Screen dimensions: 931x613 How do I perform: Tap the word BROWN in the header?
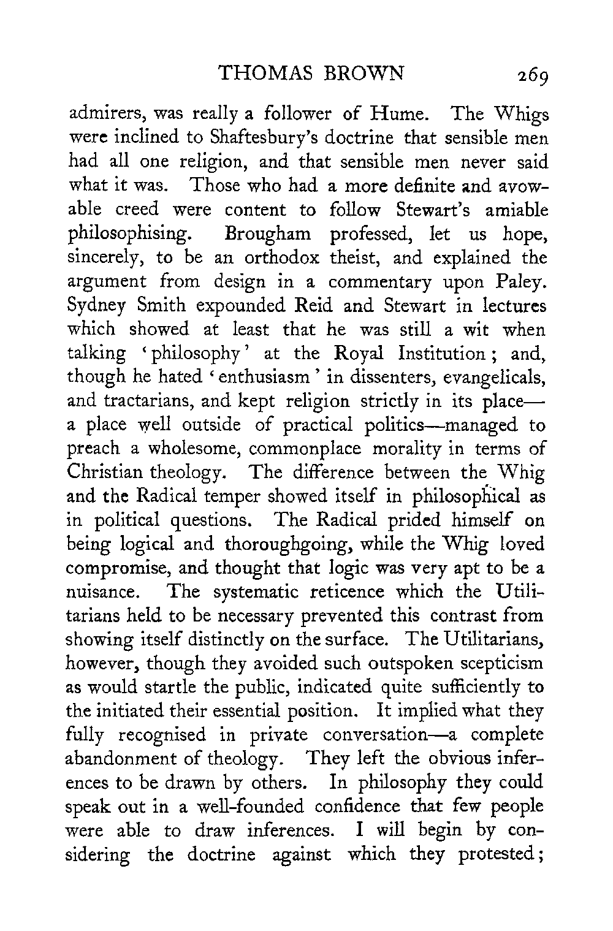pyautogui.click(x=361, y=74)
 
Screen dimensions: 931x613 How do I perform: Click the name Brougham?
pyautogui.click(x=268, y=234)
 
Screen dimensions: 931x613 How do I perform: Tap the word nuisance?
pyautogui.click(x=101, y=593)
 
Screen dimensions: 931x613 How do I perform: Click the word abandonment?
pyautogui.click(x=126, y=759)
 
